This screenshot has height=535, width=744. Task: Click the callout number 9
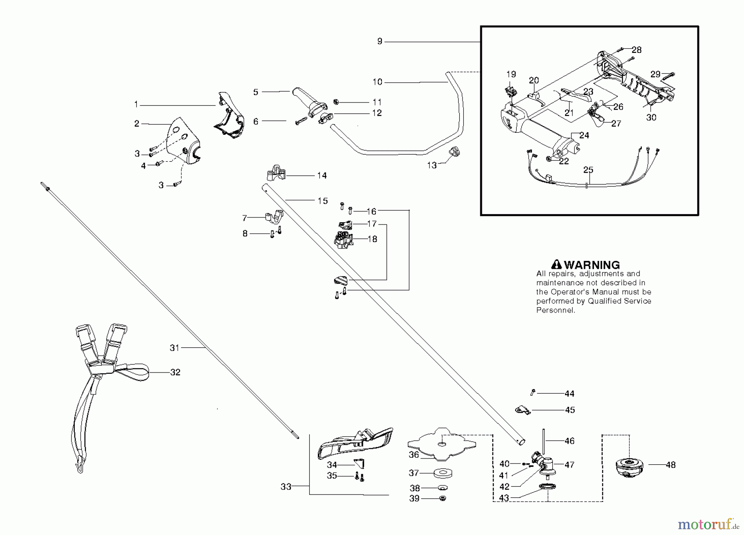(380, 41)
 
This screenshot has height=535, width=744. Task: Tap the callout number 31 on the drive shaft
(175, 348)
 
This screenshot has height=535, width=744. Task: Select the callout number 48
(670, 465)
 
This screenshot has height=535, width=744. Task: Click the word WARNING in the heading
(592, 265)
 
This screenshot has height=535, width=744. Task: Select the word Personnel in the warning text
(555, 310)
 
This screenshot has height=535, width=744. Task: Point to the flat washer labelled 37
(442, 472)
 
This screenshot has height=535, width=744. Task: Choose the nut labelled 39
(442, 499)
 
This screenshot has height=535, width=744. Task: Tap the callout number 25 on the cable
(588, 170)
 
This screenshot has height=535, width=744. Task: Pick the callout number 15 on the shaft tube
(322, 201)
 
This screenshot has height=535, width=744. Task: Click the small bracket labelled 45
(522, 410)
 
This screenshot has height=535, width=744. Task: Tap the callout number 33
(286, 487)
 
